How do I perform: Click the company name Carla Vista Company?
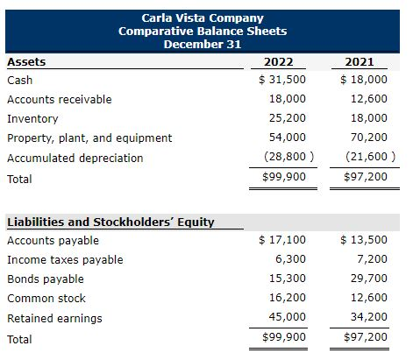(203, 18)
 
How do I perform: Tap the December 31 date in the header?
(203, 45)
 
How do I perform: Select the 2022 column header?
(279, 62)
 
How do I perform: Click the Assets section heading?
(26, 62)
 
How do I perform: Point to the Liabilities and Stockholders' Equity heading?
(110, 222)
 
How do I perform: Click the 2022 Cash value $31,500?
(281, 80)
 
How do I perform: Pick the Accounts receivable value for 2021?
(368, 99)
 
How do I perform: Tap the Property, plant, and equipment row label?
(89, 138)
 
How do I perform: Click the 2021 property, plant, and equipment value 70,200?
(368, 138)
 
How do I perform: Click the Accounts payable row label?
(53, 240)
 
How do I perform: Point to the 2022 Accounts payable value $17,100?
(281, 240)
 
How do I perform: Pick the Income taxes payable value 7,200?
(371, 259)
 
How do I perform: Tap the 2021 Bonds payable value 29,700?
(368, 279)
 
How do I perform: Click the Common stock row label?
(46, 298)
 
